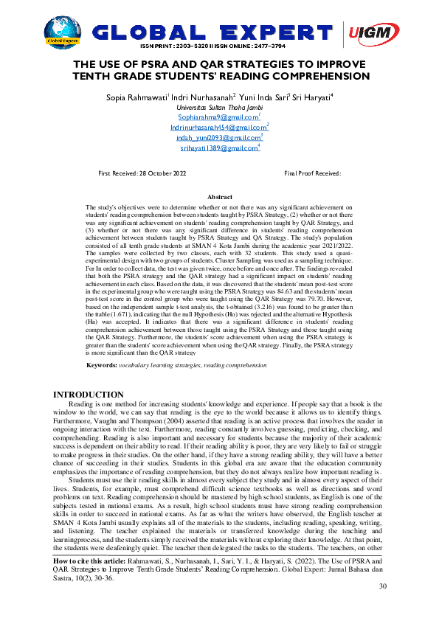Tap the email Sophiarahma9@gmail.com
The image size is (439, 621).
pyautogui.click(x=218, y=117)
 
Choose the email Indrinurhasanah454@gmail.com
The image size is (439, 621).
pyautogui.click(x=218, y=128)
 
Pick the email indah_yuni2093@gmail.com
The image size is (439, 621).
pyautogui.click(x=218, y=138)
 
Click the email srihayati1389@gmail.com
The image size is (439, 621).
pyautogui.click(x=219, y=148)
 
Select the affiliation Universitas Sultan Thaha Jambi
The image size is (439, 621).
pyautogui.click(x=219, y=107)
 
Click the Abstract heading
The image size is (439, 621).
pyautogui.click(x=220, y=198)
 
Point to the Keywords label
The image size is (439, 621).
pyautogui.click(x=102, y=365)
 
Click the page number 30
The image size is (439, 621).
pyautogui.click(x=382, y=586)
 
